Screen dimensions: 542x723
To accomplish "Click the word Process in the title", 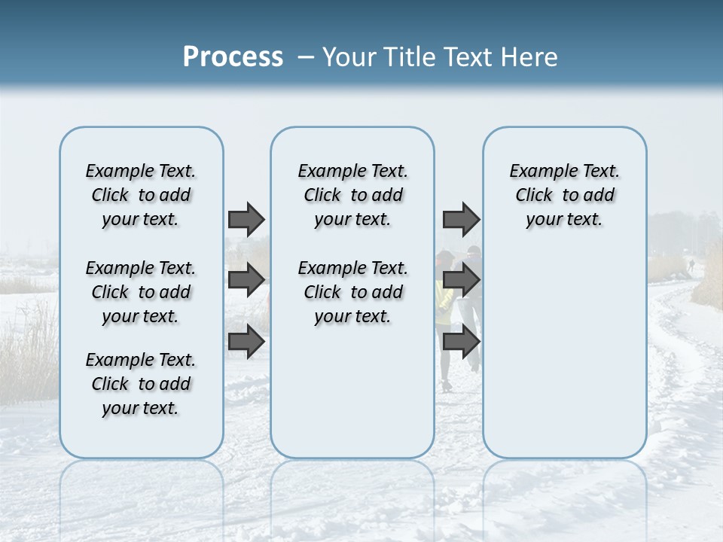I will click(233, 57).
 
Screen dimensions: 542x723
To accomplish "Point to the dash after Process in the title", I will click(306, 58).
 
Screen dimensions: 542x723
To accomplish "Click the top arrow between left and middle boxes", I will click(246, 219).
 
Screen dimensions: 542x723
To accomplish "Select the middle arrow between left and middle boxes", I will click(246, 280).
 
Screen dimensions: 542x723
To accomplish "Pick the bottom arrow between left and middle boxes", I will click(246, 341).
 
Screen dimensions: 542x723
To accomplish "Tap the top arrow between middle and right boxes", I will click(461, 219).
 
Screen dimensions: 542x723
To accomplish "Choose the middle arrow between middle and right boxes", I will click(461, 280).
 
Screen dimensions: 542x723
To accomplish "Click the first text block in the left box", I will click(141, 195).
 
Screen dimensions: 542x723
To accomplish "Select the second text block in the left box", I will click(141, 292).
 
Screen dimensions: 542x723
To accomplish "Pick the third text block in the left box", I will click(141, 384).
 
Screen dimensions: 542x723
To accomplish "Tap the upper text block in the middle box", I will click(352, 195).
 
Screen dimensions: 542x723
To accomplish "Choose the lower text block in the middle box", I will click(352, 292).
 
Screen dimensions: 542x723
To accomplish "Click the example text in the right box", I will click(564, 195).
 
